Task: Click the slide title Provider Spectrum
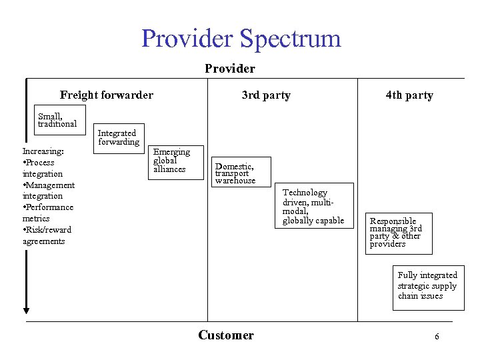pos(241,38)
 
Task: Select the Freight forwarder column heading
pos(106,95)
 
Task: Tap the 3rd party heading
pos(266,95)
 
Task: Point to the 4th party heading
pos(409,95)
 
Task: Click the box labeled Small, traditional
pos(58,120)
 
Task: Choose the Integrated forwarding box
pos(119,137)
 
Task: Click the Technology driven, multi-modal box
pos(313,207)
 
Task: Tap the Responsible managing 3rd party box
pos(399,233)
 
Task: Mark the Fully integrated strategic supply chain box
pos(427,285)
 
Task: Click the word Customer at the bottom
pos(226,335)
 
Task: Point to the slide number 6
pos(437,337)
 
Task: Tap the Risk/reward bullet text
pos(48,230)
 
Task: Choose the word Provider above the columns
pos(230,69)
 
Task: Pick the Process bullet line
pos(39,163)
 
